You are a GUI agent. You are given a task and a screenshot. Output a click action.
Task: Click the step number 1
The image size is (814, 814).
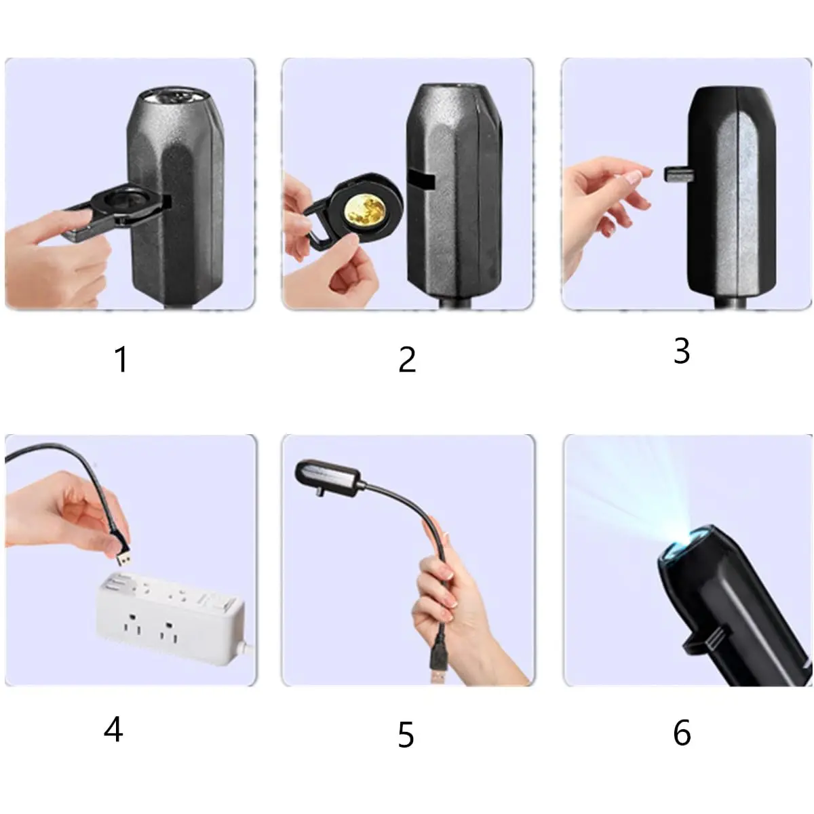pyautogui.click(x=121, y=360)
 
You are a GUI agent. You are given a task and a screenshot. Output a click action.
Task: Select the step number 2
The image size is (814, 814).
pyautogui.click(x=407, y=360)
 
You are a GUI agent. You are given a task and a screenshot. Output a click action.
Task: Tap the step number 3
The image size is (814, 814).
pyautogui.click(x=681, y=351)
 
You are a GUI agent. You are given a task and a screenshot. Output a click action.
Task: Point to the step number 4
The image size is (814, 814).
pyautogui.click(x=113, y=730)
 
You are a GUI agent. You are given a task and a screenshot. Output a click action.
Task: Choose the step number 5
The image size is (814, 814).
pyautogui.click(x=406, y=735)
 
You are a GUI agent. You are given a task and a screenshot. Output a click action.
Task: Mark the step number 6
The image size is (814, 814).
pyautogui.click(x=682, y=733)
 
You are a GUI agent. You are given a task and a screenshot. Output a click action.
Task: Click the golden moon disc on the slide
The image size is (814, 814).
pyautogui.click(x=365, y=211)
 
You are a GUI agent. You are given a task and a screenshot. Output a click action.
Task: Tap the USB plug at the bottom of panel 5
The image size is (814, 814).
pyautogui.click(x=438, y=663)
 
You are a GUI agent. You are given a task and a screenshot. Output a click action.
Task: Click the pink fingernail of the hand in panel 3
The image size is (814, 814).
pyautogui.click(x=634, y=177)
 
